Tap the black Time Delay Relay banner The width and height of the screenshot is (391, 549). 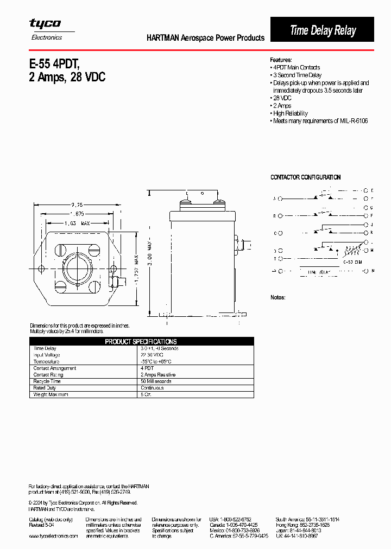(x=322, y=30)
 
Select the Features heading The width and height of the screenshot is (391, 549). (x=281, y=60)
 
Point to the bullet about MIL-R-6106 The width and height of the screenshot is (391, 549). (x=320, y=121)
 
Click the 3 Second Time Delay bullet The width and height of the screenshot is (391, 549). (x=297, y=75)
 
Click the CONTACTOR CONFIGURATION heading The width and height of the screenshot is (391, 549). (x=305, y=177)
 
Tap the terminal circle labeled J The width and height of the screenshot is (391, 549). (x=365, y=224)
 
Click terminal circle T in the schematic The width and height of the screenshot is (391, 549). (x=280, y=259)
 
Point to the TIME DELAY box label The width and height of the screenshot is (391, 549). (x=319, y=271)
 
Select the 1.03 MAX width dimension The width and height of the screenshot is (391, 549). (x=77, y=223)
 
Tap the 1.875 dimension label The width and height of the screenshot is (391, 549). (x=77, y=214)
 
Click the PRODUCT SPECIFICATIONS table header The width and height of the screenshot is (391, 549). (x=141, y=342)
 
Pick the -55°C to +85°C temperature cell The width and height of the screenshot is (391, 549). (x=156, y=361)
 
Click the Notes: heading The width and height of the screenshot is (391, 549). (x=278, y=297)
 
